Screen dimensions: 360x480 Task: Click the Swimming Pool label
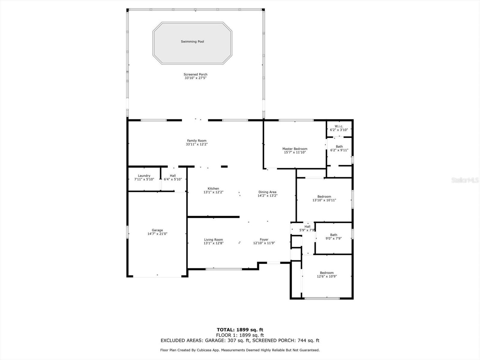[192, 42]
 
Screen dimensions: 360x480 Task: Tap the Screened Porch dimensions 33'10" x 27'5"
[196, 78]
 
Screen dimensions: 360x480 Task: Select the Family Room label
[197, 141]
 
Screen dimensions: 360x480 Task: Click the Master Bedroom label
[295, 149]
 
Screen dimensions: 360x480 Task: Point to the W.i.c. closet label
[339, 126]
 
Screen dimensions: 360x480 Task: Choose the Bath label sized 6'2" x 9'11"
[339, 147]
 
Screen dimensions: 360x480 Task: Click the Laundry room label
[144, 176]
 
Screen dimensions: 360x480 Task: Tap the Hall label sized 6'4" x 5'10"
[173, 176]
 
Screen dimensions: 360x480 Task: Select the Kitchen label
[213, 189]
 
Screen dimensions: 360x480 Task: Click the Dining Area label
[267, 192]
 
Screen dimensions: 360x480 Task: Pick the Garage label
[157, 230]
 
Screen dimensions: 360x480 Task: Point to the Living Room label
[213, 240]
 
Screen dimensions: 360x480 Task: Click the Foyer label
[264, 240]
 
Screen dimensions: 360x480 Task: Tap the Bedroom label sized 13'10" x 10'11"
[324, 197]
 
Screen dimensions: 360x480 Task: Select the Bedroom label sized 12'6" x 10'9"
[327, 273]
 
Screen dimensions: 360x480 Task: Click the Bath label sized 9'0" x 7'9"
[334, 235]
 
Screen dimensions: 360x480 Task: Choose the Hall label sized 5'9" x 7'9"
[307, 227]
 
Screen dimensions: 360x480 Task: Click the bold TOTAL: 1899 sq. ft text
[240, 330]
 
